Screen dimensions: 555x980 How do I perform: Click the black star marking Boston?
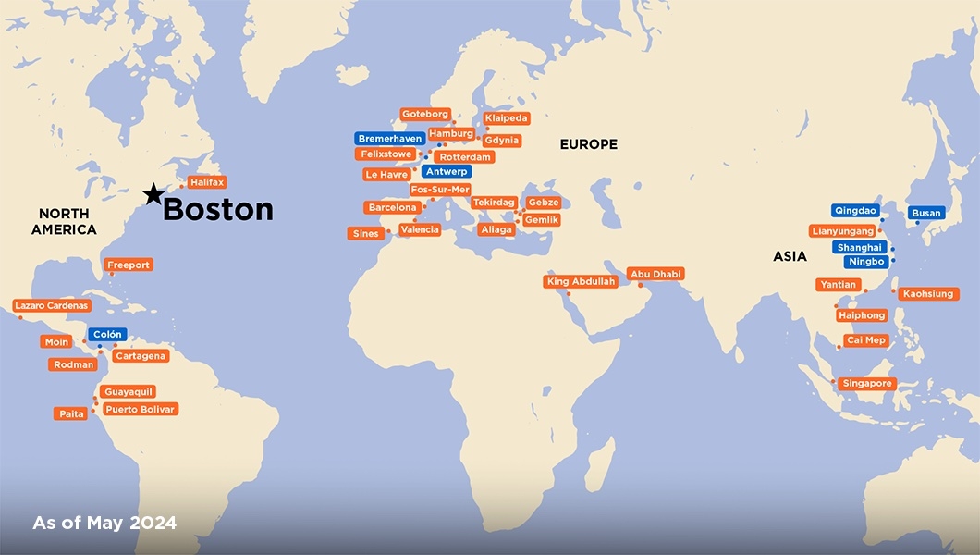pos(153,193)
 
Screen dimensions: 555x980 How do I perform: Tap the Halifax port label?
pos(207,183)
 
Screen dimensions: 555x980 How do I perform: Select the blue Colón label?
pos(107,335)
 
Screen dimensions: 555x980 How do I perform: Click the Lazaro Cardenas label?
pos(52,305)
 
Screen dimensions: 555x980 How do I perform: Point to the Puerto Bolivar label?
pos(139,409)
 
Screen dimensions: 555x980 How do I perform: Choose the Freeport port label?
pos(129,265)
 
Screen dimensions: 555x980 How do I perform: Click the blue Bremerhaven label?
pos(389,139)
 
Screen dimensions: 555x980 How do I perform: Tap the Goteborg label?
pos(424,115)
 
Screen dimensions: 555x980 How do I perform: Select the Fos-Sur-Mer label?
pos(440,190)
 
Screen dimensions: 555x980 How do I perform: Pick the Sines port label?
pos(365,234)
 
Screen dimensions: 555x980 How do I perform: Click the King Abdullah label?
pos(581,282)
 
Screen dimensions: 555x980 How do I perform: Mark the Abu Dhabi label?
pos(655,275)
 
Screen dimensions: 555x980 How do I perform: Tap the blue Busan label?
pos(925,213)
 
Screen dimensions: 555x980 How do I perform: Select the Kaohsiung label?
pos(928,294)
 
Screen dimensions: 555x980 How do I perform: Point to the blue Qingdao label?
pos(855,211)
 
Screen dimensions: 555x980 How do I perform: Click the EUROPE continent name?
pos(588,144)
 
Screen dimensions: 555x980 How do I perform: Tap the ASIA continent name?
pos(790,256)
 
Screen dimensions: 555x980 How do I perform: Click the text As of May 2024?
pos(104,524)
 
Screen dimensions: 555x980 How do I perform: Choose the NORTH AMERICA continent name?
pos(64,221)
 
